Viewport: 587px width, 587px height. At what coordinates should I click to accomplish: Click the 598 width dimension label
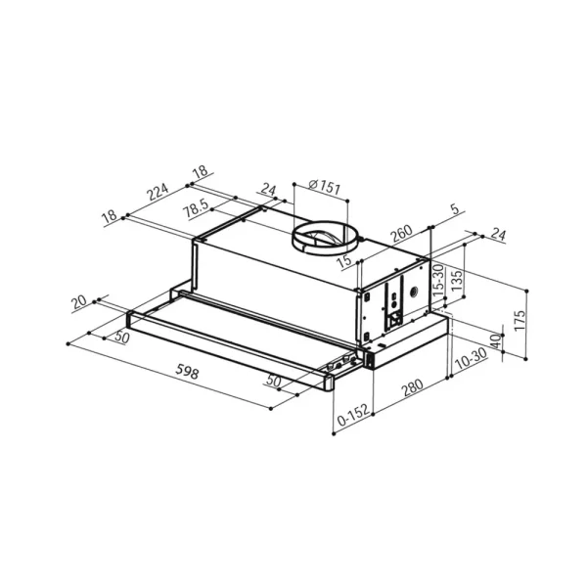pos(187,372)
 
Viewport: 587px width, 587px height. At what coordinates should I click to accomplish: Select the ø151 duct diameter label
pos(325,187)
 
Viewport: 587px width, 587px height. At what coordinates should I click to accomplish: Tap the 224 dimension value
pos(158,192)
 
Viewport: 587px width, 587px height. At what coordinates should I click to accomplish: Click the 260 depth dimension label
pos(401,234)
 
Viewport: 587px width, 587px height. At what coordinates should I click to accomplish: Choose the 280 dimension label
pos(412,387)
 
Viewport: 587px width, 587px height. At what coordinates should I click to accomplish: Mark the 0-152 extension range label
pos(353,415)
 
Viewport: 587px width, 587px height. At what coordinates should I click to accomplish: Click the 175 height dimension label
pos(519,321)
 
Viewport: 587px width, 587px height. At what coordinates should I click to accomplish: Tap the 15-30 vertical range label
pos(438,280)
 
